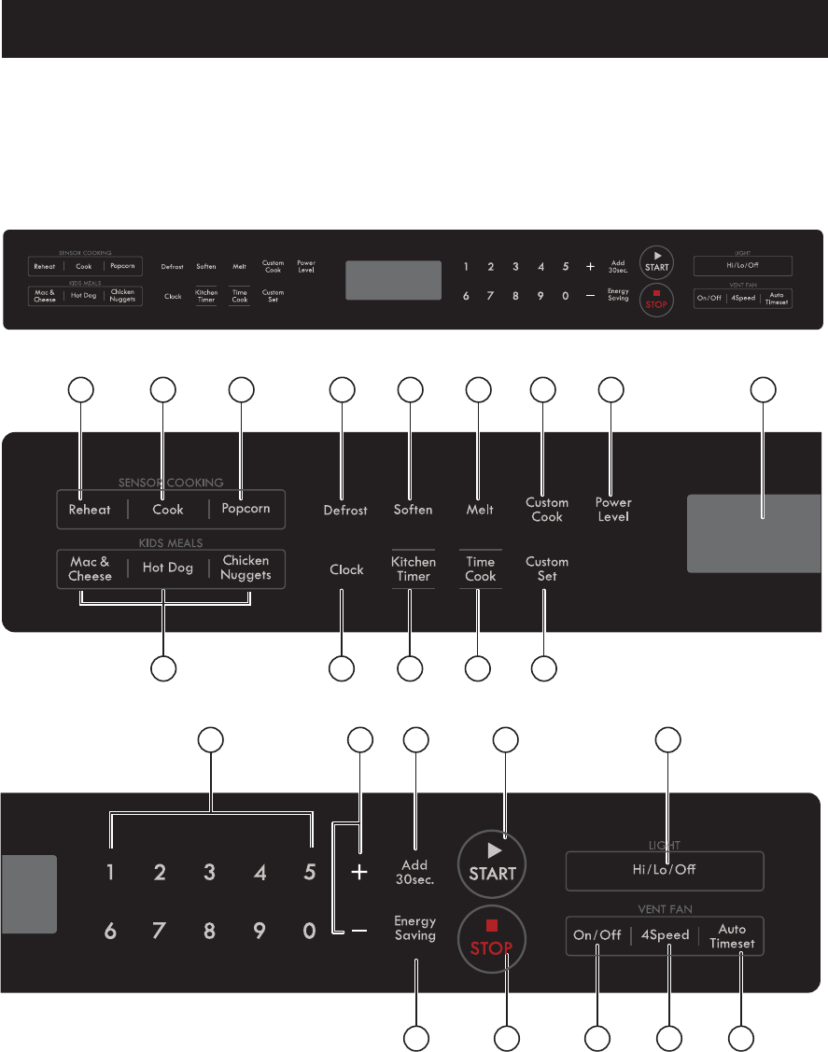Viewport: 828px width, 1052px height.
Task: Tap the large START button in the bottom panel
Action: coord(493,863)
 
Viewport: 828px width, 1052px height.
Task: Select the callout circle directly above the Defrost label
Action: coord(342,390)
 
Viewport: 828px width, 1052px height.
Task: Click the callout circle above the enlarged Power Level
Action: coord(610,390)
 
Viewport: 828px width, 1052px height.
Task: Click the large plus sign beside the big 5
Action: coord(359,873)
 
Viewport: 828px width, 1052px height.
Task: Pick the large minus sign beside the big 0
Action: coord(359,931)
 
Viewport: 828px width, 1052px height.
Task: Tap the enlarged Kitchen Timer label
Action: coord(413,568)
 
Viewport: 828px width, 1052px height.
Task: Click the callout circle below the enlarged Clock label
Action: coord(342,668)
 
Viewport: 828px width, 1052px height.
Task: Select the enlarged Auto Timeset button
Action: coord(732,936)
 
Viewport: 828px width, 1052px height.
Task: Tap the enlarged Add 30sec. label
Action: coord(414,872)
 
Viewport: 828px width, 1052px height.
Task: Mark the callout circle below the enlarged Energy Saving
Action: coord(415,1037)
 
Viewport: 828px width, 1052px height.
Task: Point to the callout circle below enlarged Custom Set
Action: coord(544,668)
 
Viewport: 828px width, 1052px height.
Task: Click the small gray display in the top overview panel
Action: coord(393,280)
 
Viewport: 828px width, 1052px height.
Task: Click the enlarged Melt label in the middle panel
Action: coord(480,510)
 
